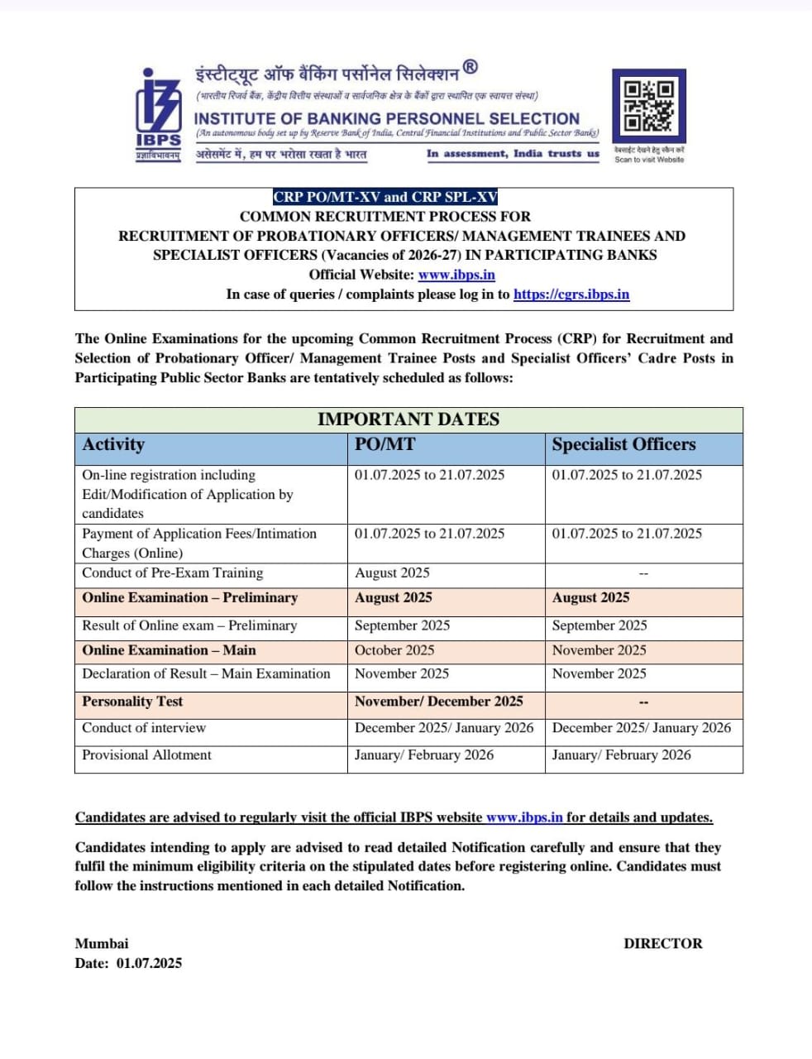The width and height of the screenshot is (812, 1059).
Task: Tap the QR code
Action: (x=648, y=106)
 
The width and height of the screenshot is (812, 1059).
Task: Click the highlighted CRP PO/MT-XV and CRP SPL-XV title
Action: (x=385, y=197)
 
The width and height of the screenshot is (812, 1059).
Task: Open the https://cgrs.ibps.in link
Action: (x=571, y=294)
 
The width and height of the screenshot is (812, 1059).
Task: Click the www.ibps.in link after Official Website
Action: (x=456, y=275)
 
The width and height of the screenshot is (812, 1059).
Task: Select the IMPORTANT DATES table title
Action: (x=408, y=419)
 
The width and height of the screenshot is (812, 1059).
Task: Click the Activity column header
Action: (x=113, y=445)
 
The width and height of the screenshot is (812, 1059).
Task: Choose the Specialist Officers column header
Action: (x=623, y=445)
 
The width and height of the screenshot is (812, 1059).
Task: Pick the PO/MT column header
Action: (x=385, y=445)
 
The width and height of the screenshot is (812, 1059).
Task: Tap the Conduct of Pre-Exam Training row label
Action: (x=172, y=573)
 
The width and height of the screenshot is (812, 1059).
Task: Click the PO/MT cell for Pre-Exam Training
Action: (x=392, y=573)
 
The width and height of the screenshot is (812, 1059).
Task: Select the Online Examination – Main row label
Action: (x=169, y=650)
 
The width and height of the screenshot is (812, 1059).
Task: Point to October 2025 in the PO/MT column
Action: (x=394, y=650)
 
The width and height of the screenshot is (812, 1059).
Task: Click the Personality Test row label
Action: (x=132, y=702)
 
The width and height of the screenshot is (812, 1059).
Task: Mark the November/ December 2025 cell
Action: (x=438, y=702)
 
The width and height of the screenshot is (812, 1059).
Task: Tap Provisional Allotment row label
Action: (x=146, y=755)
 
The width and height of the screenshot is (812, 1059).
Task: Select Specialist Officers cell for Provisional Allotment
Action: (x=621, y=755)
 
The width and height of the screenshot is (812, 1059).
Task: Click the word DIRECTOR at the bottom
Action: (x=662, y=943)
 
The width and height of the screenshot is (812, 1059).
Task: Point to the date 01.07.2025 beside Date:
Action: (x=149, y=963)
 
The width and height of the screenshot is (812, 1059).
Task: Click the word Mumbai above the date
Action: (x=102, y=943)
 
